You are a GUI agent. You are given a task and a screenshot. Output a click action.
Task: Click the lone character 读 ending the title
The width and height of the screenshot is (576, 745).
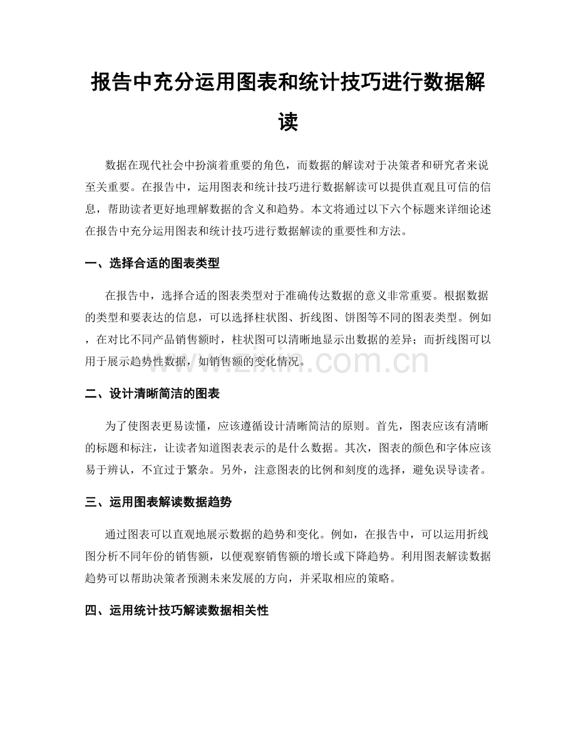[x=288, y=121]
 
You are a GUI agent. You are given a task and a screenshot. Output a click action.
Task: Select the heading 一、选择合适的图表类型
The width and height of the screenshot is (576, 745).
[x=152, y=263]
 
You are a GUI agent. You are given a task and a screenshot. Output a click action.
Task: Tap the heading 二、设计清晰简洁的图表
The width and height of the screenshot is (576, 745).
[x=152, y=394]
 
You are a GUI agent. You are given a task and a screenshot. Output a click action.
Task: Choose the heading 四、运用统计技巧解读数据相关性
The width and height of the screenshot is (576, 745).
[x=177, y=609]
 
